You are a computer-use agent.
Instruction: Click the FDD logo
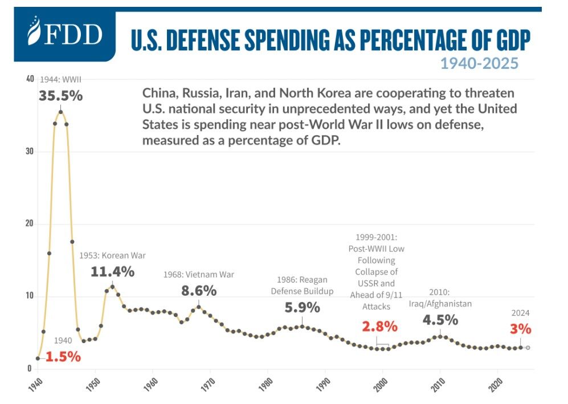[x=65, y=35]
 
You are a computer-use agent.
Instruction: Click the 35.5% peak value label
[x=60, y=96]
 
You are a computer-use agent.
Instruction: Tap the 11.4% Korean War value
[x=112, y=271]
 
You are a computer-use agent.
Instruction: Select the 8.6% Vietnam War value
[x=199, y=290]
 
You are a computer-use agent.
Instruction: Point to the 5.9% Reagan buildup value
[x=301, y=308]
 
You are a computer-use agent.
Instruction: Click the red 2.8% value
[x=379, y=327]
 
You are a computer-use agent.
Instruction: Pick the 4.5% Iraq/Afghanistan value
[x=440, y=320]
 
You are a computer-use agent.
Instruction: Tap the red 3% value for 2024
[x=521, y=329]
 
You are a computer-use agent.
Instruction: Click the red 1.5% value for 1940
[x=63, y=357]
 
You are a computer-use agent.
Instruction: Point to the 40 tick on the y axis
[x=30, y=79]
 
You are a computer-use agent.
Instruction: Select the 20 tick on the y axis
[x=30, y=224]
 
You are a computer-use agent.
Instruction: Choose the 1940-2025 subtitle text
[x=479, y=63]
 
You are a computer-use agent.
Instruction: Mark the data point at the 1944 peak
[x=60, y=112]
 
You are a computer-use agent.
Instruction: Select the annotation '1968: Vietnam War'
[x=199, y=274]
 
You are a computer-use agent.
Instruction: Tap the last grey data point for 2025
[x=528, y=348]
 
